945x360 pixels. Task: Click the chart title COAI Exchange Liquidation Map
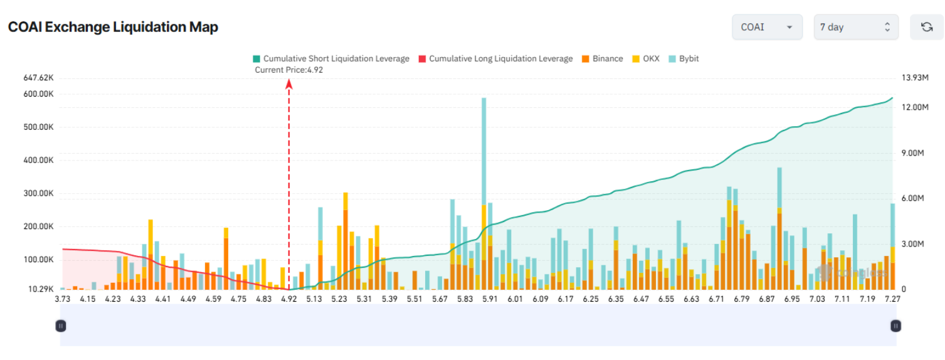click(x=113, y=28)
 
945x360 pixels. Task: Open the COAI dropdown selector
click(x=766, y=27)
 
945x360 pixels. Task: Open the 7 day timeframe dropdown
click(x=855, y=27)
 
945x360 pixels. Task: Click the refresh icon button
click(x=926, y=27)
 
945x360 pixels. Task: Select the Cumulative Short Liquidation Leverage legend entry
click(x=330, y=59)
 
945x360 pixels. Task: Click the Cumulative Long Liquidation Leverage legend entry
click(x=495, y=59)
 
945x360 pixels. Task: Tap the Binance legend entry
click(x=602, y=59)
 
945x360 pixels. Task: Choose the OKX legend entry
click(x=645, y=59)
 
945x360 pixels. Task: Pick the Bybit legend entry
click(x=684, y=59)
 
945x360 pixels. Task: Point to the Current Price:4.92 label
click(x=288, y=70)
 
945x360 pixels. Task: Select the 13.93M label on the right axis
click(x=914, y=78)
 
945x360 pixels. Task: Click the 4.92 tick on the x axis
click(x=288, y=299)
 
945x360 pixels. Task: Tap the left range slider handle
click(x=61, y=326)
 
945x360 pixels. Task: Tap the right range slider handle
click(x=896, y=326)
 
